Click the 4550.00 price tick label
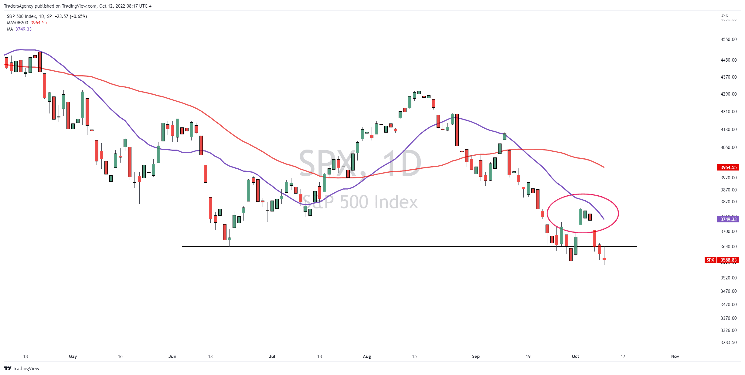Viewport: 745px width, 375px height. click(x=728, y=39)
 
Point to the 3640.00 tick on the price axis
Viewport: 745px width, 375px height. click(x=728, y=247)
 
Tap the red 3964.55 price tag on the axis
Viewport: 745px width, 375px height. click(x=728, y=167)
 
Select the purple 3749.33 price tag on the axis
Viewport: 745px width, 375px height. click(x=728, y=219)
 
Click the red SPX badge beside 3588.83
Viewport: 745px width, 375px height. click(x=710, y=260)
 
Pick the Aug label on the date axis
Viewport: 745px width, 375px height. click(x=367, y=356)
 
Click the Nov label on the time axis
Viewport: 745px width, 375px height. click(x=675, y=356)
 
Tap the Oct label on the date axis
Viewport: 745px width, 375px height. click(x=575, y=356)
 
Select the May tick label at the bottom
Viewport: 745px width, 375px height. click(x=73, y=356)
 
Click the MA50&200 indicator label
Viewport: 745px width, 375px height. click(x=17, y=23)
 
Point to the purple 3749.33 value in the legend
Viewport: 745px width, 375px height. click(x=24, y=29)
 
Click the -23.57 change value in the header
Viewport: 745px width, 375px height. click(x=61, y=16)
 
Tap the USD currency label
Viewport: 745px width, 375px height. click(x=724, y=15)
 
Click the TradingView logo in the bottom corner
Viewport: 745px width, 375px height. click(x=22, y=368)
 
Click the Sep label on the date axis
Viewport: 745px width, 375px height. click(x=476, y=356)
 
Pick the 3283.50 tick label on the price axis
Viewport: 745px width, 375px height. click(x=728, y=343)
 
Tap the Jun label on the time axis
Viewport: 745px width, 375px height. click(x=172, y=356)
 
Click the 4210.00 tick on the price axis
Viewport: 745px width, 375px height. click(x=728, y=112)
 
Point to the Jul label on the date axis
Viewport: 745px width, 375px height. click(x=272, y=356)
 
